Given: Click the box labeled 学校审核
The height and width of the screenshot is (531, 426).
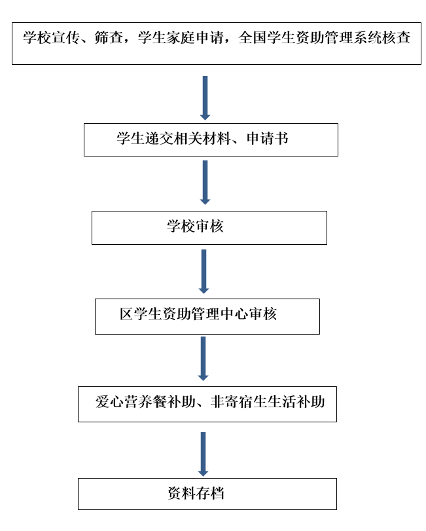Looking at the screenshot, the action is (209, 228).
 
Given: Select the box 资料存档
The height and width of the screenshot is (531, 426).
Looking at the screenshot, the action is (207, 494).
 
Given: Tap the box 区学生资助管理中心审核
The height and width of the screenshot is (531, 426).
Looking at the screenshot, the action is (207, 316).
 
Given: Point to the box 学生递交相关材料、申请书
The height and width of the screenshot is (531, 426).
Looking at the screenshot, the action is (211, 139).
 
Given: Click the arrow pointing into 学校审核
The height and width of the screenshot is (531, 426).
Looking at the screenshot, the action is (205, 183).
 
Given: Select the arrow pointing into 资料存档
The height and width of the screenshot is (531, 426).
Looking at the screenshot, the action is (203, 454).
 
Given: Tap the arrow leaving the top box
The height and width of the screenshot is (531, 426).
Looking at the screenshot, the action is (205, 98).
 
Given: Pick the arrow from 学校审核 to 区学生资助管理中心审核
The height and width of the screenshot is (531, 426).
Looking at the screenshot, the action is (204, 272).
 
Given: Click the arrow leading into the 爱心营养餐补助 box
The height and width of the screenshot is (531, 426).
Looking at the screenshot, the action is (203, 359).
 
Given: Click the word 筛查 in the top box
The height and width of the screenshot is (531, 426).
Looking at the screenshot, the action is (109, 37).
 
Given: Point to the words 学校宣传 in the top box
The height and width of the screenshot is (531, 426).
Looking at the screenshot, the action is (52, 37).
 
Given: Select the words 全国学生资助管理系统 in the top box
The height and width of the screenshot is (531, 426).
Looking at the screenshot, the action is (310, 37).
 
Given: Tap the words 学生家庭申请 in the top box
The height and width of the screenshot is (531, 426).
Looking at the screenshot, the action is (181, 37).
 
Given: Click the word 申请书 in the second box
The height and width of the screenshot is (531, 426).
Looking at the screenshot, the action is (267, 138).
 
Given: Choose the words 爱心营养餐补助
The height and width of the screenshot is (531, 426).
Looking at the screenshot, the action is (145, 401).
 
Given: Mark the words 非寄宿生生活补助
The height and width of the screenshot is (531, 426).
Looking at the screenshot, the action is (268, 401).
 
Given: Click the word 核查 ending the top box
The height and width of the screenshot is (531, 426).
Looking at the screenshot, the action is (396, 37).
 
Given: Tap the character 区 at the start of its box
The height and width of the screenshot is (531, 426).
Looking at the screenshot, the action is (126, 314).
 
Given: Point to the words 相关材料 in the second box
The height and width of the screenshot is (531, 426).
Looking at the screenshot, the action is (202, 138).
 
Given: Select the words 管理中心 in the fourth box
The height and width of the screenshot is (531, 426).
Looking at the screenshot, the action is (220, 314).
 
